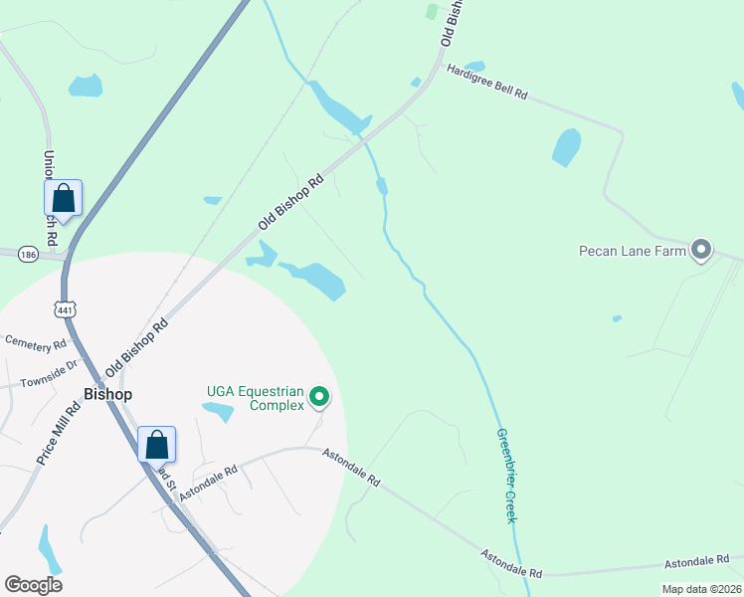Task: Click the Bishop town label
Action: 107,394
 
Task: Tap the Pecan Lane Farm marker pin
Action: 701,250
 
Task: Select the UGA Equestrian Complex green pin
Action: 319,398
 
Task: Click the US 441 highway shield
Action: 66,310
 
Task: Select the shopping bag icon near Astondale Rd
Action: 157,444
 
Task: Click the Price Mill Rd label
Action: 58,433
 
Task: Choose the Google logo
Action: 33,585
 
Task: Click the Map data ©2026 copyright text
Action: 701,589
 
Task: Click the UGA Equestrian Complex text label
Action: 255,398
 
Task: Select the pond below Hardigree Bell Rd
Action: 566,146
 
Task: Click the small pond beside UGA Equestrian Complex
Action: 218,411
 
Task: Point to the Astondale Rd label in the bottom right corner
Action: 711,559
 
